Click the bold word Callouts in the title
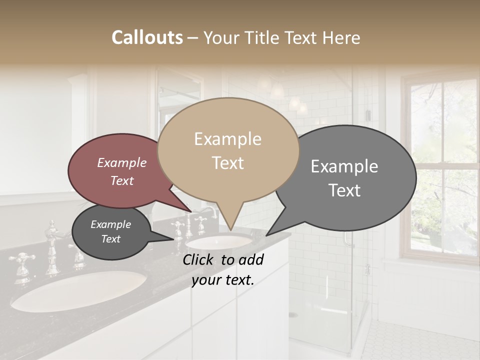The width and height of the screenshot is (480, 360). pyautogui.click(x=147, y=37)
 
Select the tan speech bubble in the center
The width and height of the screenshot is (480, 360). pyautogui.click(x=227, y=150)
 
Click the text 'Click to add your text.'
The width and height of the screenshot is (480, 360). pyautogui.click(x=223, y=269)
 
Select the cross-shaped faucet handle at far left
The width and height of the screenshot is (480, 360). pyautogui.click(x=21, y=260)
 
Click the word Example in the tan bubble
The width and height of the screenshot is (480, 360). pyautogui.click(x=227, y=139)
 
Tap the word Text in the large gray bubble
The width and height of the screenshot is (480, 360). pyautogui.click(x=345, y=190)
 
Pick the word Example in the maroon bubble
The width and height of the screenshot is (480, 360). pyautogui.click(x=122, y=162)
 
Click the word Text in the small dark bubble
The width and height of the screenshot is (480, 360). pyautogui.click(x=111, y=239)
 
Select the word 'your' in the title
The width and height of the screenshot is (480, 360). pyautogui.click(x=222, y=37)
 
